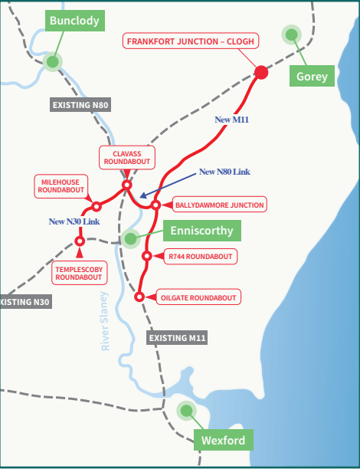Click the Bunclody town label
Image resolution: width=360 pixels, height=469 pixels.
coord(75,21)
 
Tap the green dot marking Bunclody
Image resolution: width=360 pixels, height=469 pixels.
coord(53,62)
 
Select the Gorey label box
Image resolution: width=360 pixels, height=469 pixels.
coord(312,76)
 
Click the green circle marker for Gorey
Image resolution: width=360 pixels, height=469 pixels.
coord(292,34)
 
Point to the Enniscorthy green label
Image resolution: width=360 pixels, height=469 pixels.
coord(201,231)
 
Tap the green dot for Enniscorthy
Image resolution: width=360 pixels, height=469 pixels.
coord(130,238)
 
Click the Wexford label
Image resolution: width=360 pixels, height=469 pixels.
coord(224,440)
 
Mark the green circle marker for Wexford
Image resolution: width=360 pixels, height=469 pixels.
coord(186,411)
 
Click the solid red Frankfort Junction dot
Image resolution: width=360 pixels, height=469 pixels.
coord(261,72)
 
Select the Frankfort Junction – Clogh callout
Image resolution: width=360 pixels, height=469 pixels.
coord(191,41)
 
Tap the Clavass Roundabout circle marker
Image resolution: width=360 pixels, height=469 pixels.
coord(127,185)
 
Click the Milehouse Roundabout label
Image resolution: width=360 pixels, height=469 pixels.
coord(61,186)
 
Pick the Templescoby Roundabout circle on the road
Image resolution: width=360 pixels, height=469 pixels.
coord(80,241)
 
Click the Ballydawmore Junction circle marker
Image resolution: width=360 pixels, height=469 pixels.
coord(155,205)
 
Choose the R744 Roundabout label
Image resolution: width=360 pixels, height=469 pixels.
coord(201,256)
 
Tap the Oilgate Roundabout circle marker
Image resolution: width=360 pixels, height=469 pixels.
coord(139,297)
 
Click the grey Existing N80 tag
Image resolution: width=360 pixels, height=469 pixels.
coord(80,105)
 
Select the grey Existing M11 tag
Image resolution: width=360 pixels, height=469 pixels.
coord(177,338)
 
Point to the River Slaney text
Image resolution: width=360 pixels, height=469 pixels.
coord(104,321)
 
